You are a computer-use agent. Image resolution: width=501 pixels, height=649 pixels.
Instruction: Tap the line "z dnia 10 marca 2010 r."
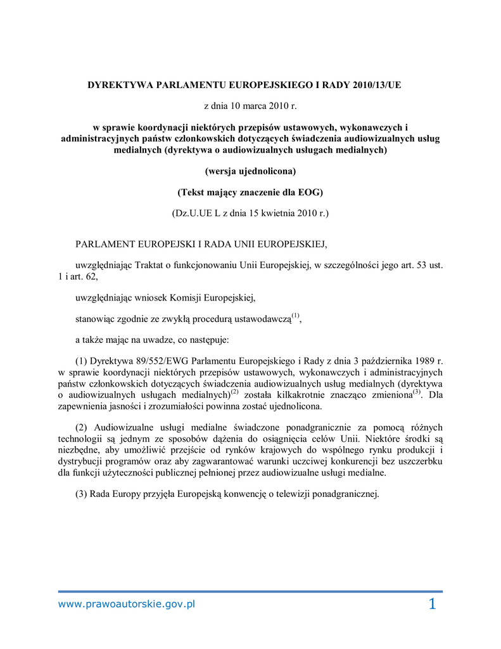[x=250, y=105]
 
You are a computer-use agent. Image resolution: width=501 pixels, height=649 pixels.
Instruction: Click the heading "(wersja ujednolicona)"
[x=250, y=171]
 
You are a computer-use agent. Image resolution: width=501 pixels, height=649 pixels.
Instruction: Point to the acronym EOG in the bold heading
[x=310, y=192]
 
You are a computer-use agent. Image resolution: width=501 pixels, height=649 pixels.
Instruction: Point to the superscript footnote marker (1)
[x=295, y=316]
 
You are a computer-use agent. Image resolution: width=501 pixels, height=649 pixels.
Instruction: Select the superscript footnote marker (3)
[x=416, y=392]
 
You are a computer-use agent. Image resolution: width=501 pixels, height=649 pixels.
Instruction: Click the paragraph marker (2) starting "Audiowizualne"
[x=81, y=427]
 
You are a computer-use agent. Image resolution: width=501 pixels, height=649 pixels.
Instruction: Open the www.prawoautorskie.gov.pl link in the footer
[x=127, y=604]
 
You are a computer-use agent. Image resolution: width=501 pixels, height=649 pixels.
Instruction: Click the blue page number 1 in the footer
[x=432, y=605]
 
